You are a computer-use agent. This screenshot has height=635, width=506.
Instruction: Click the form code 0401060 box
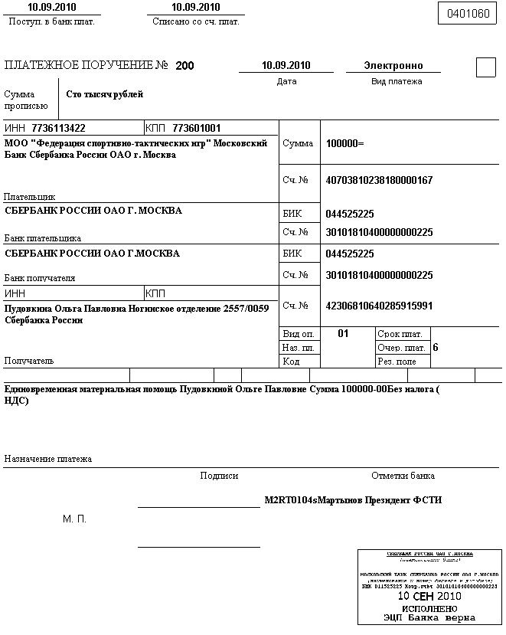467,13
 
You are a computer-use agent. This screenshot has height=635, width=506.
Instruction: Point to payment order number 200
184,66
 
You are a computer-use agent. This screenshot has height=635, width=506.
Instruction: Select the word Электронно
393,66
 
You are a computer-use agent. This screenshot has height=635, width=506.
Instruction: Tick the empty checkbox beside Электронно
486,67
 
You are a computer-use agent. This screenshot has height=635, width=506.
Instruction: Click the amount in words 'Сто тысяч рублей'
105,95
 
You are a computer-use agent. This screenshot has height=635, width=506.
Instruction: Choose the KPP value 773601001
197,128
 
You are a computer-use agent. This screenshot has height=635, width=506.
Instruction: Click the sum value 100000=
344,143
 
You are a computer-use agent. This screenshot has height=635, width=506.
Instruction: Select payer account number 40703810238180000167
379,180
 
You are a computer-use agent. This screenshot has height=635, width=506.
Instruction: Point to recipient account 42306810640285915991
379,306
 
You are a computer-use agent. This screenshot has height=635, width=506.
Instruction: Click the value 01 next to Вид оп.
343,333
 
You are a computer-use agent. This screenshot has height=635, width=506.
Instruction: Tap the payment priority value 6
436,347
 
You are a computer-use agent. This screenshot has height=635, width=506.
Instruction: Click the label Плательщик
30,197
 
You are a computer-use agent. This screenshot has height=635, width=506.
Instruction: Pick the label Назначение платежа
48,459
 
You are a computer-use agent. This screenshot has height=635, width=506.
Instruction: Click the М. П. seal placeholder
74,519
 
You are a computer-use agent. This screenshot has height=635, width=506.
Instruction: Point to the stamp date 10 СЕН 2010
429,595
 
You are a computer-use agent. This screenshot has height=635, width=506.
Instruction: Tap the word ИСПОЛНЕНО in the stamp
429,607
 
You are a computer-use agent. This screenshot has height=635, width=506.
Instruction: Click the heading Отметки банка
403,476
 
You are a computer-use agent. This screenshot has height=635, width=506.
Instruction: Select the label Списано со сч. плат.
195,21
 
